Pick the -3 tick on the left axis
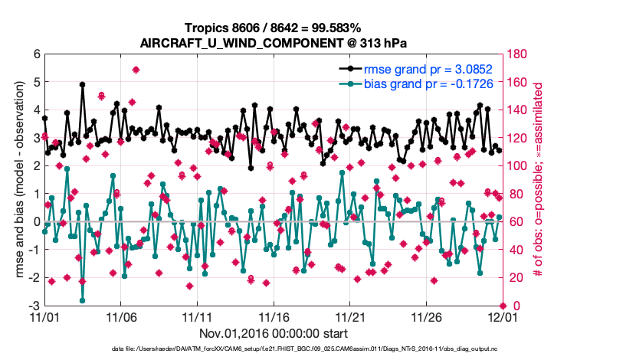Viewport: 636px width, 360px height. (34, 306)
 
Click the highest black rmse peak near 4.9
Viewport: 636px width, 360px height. (82, 85)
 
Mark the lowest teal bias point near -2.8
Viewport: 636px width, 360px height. (82, 300)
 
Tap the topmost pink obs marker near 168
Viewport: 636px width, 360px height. (136, 70)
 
